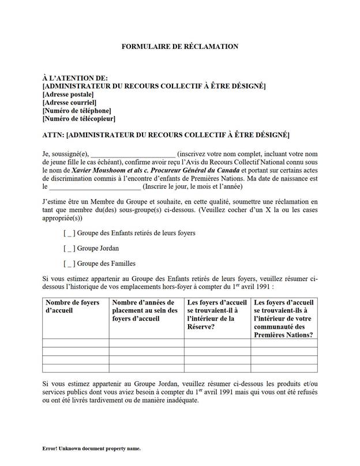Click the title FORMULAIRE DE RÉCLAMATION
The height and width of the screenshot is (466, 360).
[179, 46]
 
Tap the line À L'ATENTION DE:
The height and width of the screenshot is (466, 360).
[75, 78]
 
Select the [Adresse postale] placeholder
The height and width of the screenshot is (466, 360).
[68, 94]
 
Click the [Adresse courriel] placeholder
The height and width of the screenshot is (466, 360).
[69, 102]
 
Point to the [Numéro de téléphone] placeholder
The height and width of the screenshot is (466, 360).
[77, 110]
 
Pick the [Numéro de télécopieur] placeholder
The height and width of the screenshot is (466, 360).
[79, 119]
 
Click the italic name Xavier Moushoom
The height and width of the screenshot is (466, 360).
[96, 171]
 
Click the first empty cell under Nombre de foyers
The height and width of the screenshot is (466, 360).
[76, 343]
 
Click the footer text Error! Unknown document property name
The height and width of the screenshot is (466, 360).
[91, 448]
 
